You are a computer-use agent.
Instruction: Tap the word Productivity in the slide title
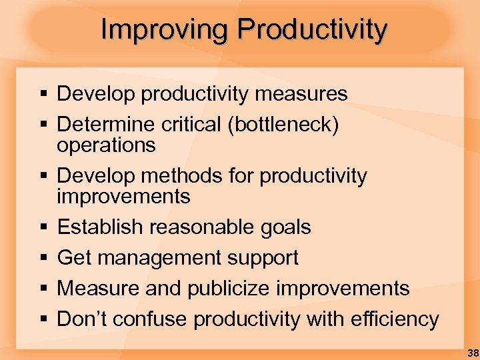click(312, 30)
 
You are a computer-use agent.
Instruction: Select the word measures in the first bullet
click(307, 94)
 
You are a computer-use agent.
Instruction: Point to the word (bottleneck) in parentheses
click(283, 125)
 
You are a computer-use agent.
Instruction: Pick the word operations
click(106, 145)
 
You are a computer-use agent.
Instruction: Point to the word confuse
click(154, 319)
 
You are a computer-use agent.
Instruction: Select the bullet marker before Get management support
click(43, 259)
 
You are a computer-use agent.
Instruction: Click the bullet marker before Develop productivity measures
click(43, 95)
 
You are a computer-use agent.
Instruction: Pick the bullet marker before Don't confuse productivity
click(43, 320)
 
